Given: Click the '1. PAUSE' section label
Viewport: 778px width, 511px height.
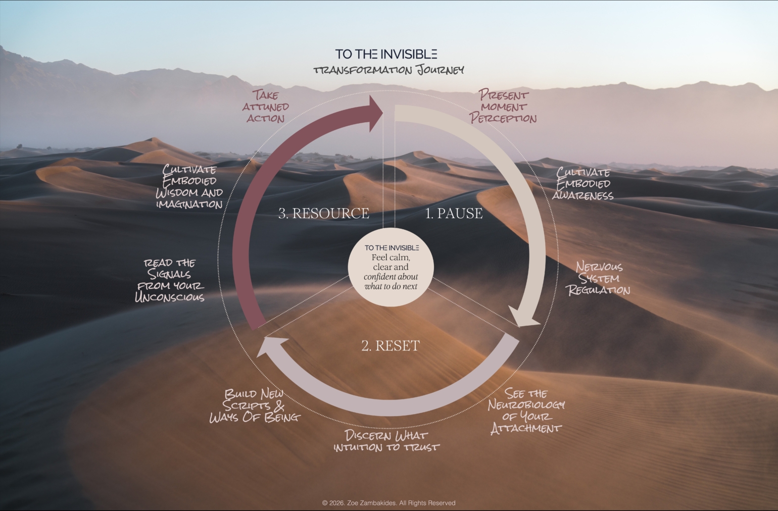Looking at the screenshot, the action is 454,213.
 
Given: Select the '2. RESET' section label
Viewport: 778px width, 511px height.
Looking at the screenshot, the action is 391,346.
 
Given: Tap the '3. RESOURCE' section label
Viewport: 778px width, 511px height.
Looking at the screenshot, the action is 324,213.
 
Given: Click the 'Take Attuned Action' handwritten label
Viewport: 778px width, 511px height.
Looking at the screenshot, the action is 266,106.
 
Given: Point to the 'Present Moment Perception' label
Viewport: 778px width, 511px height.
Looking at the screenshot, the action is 503,106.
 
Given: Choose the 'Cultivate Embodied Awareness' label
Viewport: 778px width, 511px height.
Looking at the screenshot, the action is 583,184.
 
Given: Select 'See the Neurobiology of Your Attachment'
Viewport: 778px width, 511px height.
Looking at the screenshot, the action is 526,411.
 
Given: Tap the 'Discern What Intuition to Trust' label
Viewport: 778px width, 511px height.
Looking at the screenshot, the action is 386,441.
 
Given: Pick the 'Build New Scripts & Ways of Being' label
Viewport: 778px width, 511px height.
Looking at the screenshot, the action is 255,405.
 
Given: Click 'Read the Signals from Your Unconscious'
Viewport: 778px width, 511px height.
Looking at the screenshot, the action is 170,280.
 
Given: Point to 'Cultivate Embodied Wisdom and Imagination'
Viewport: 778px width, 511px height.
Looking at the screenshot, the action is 189,186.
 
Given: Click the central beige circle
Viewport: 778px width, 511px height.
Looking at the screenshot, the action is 391,267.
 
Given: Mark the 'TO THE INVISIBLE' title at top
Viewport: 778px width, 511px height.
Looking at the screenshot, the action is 386,54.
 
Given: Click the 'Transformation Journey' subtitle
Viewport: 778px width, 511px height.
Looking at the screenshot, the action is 388,70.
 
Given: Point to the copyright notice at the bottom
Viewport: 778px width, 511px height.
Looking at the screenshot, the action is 388,503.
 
